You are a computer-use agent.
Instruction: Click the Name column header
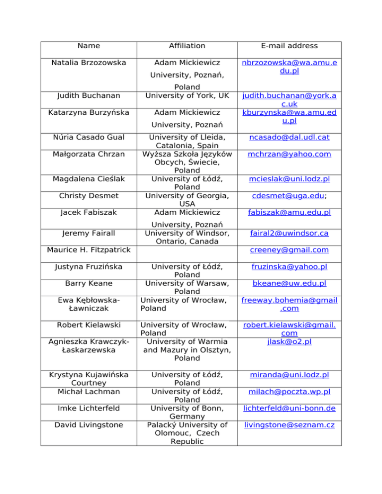click(x=89, y=46)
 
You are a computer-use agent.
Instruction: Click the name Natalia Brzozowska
click(x=89, y=63)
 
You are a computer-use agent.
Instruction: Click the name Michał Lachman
click(x=89, y=392)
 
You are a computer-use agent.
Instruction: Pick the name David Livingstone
click(x=89, y=425)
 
